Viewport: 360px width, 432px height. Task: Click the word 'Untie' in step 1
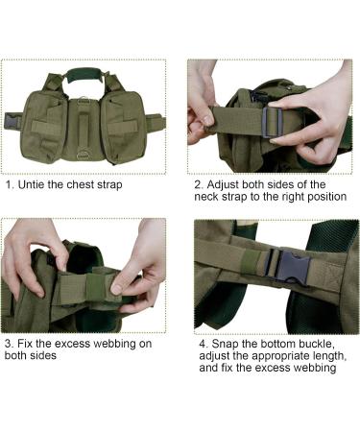pyautogui.click(x=31, y=184)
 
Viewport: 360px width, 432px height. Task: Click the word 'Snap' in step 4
pyautogui.click(x=225, y=344)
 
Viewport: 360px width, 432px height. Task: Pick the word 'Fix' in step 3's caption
pyautogui.click(x=25, y=344)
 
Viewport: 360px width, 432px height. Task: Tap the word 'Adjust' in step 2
pyautogui.click(x=223, y=184)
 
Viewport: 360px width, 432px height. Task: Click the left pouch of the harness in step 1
pyautogui.click(x=43, y=127)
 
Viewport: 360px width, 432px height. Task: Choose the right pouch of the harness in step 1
pyautogui.click(x=124, y=127)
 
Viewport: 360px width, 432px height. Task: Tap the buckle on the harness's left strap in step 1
pyautogui.click(x=11, y=122)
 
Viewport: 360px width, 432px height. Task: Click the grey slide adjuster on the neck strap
pyautogui.click(x=272, y=122)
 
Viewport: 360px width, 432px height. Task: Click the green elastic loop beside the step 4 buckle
pyautogui.click(x=252, y=262)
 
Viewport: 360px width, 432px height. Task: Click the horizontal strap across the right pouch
pyautogui.click(x=123, y=127)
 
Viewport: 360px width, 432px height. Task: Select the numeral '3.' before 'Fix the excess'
pyautogui.click(x=10, y=344)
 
